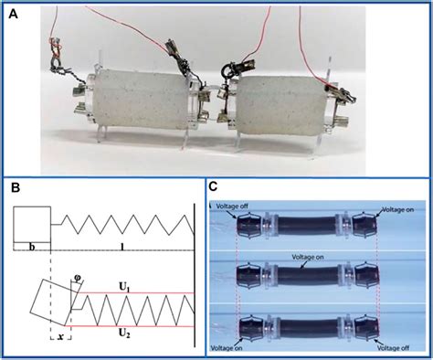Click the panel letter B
tap(15, 188)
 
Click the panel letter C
tap(213, 189)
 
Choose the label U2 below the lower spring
tap(128, 334)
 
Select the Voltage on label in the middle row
tap(300, 259)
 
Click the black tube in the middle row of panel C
tap(305, 273)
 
